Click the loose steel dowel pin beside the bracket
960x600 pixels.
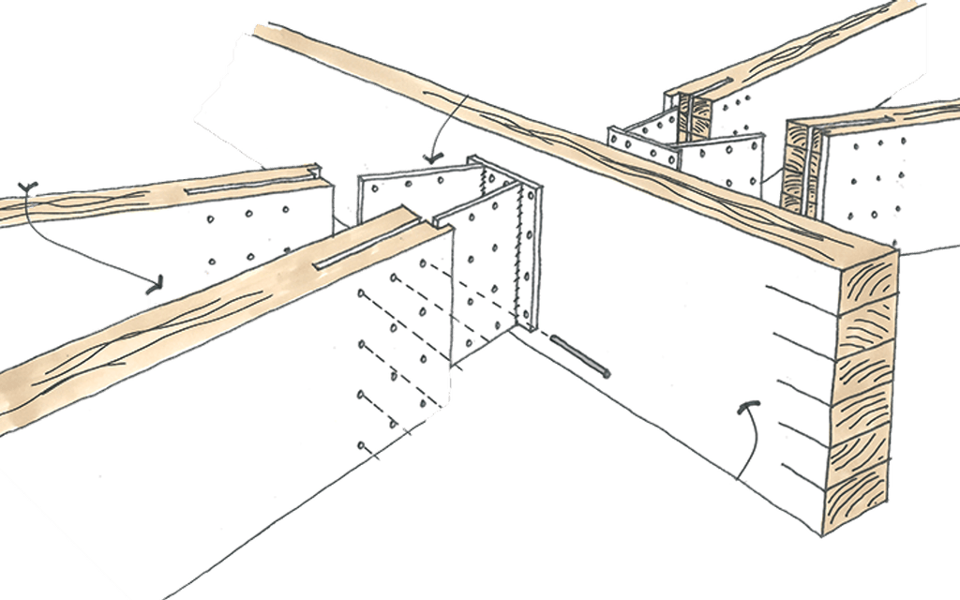580,357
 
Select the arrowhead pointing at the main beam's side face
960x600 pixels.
748,409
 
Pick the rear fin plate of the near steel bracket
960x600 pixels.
412,193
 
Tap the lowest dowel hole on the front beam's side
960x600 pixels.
360,446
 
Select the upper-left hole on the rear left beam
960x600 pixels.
212,223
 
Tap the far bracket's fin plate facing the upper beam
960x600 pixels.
647,141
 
